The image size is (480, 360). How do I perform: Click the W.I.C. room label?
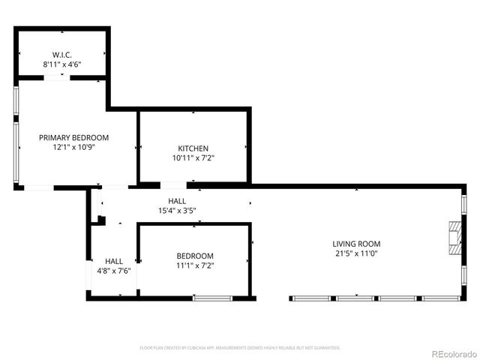point(61,55)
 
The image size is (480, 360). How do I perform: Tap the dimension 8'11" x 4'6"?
point(61,64)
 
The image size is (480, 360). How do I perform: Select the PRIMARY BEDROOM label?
point(74,138)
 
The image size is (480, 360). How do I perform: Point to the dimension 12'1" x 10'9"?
point(74,148)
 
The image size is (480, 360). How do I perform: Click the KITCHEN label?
point(193,148)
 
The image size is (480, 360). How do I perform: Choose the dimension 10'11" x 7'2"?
point(193,158)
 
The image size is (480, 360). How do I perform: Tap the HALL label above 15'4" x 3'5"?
point(177,201)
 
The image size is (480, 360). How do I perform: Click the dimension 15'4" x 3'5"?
point(177,211)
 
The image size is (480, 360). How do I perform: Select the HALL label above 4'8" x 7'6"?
point(114,261)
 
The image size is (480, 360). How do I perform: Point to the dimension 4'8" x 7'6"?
point(114,271)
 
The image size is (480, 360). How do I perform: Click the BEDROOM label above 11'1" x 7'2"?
point(195,256)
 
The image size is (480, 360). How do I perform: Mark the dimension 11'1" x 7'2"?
point(195,265)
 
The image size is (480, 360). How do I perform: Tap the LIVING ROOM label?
point(356,244)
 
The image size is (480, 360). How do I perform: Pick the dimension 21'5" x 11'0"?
point(356,253)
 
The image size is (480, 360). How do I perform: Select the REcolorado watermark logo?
point(453,353)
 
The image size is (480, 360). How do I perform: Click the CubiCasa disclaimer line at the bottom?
point(240,348)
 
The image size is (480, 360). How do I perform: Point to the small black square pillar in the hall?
point(101,220)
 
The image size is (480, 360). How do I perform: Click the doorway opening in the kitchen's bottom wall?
point(173,184)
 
